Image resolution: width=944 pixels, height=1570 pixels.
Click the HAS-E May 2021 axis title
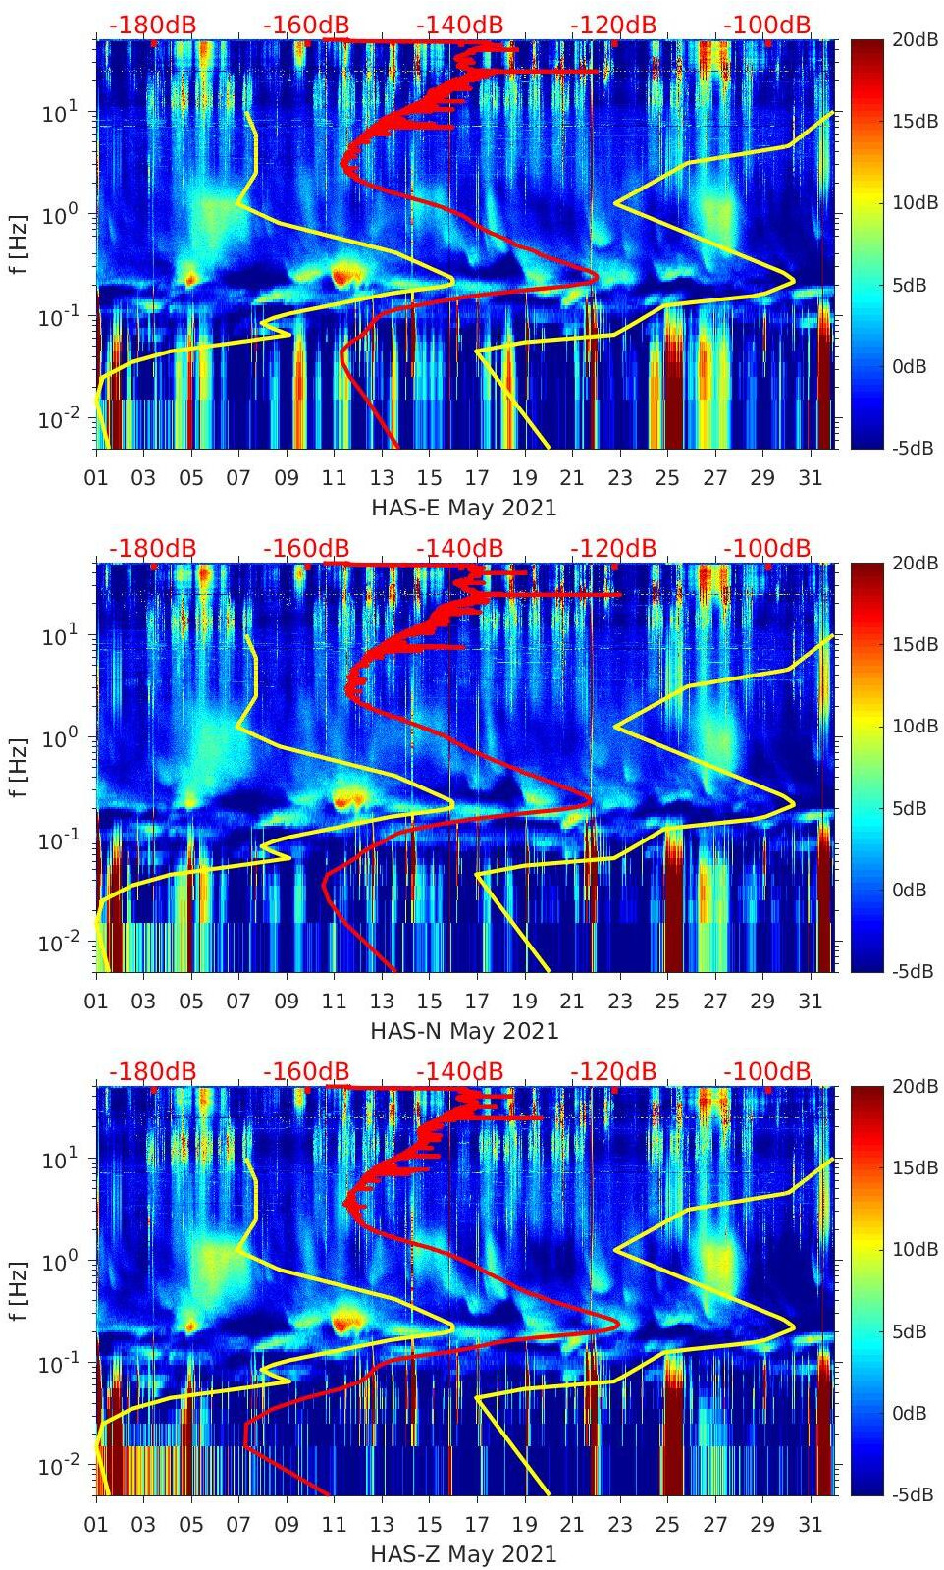463,508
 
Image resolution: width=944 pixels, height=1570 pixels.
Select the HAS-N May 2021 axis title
463,1031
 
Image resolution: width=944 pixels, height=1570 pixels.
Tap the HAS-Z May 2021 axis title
463,1554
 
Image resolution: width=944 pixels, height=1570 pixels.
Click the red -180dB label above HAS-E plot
152,25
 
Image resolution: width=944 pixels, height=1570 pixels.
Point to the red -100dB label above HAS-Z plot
767,1071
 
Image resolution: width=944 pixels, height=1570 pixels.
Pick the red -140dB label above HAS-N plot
459,548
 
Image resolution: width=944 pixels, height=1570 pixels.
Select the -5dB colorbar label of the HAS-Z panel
910,1494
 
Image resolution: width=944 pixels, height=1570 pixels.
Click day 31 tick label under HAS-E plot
810,478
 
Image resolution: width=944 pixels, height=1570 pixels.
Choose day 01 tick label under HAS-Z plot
96,1525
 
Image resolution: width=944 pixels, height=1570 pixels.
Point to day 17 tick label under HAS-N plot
477,1002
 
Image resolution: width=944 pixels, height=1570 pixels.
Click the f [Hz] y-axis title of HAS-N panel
19,767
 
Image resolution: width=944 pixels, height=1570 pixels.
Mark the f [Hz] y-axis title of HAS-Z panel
19,1290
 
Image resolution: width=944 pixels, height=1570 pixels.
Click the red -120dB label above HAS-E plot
613,25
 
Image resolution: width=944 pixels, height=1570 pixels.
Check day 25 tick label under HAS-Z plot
667,1525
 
